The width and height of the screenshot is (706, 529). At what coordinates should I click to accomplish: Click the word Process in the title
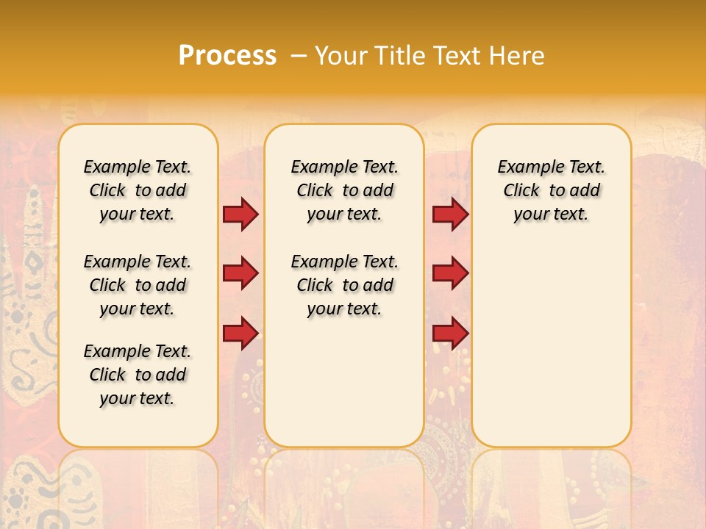pyautogui.click(x=227, y=56)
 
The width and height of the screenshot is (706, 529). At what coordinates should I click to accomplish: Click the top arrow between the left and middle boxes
pyautogui.click(x=240, y=214)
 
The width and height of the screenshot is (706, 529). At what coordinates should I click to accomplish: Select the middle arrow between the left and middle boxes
pyautogui.click(x=240, y=273)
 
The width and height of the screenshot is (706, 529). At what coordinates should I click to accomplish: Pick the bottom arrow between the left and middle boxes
pyautogui.click(x=240, y=333)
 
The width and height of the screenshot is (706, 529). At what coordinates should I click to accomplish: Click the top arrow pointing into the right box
pyautogui.click(x=450, y=214)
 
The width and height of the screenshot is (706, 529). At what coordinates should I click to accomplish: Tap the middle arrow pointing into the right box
pyautogui.click(x=450, y=273)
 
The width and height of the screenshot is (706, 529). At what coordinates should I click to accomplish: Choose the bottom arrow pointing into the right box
pyautogui.click(x=450, y=333)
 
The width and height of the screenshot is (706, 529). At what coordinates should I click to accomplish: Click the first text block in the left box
pyautogui.click(x=138, y=190)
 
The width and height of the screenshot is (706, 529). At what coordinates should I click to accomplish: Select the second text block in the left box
pyautogui.click(x=138, y=285)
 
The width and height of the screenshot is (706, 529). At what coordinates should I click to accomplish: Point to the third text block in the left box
pyautogui.click(x=138, y=375)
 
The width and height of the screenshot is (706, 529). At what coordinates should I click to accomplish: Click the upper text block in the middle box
pyautogui.click(x=344, y=190)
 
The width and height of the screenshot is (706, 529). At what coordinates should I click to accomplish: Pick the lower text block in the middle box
pyautogui.click(x=344, y=285)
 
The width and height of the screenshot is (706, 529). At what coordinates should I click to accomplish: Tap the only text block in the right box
pyautogui.click(x=551, y=190)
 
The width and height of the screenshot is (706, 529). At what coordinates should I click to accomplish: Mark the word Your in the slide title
pyautogui.click(x=340, y=56)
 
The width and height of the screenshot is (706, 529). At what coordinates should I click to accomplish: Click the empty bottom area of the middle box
pyautogui.click(x=344, y=389)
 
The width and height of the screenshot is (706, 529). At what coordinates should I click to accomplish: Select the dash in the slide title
pyautogui.click(x=298, y=56)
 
